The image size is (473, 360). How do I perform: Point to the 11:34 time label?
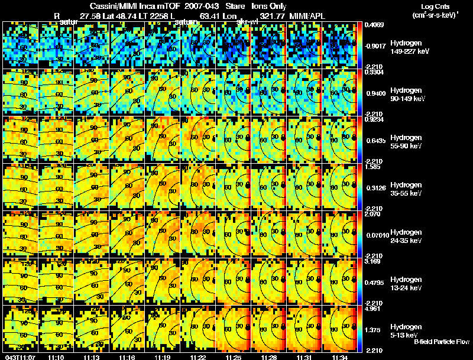click(x=339, y=356)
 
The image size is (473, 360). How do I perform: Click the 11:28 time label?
click(x=268, y=356)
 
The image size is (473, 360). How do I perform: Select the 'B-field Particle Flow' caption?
click(x=441, y=342)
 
